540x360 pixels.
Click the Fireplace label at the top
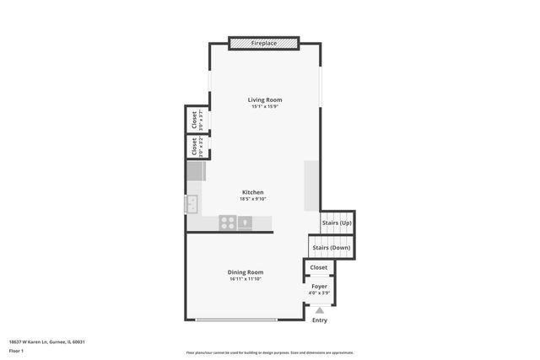(263, 42)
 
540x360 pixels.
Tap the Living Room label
(263, 99)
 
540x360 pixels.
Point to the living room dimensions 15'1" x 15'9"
(263, 107)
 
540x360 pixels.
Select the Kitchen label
(253, 192)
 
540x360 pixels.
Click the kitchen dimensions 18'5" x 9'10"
(253, 200)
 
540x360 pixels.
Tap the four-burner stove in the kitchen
(227, 223)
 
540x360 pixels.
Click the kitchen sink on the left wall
(192, 203)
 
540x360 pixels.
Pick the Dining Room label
(246, 271)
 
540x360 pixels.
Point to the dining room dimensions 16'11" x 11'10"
(246, 279)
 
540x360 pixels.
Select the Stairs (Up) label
(337, 223)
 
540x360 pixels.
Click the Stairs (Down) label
(331, 248)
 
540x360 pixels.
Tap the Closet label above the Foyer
(319, 267)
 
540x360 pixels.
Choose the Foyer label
(319, 287)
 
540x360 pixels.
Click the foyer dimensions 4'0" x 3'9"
(319, 293)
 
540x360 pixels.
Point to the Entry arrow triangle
(319, 309)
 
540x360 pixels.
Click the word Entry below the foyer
(320, 320)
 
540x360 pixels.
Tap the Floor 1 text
(16, 350)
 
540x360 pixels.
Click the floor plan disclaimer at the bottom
(269, 352)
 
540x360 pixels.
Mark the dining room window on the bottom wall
(236, 320)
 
